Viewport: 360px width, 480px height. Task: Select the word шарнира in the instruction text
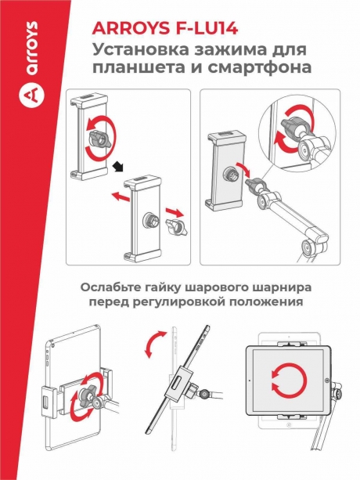(278, 287)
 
